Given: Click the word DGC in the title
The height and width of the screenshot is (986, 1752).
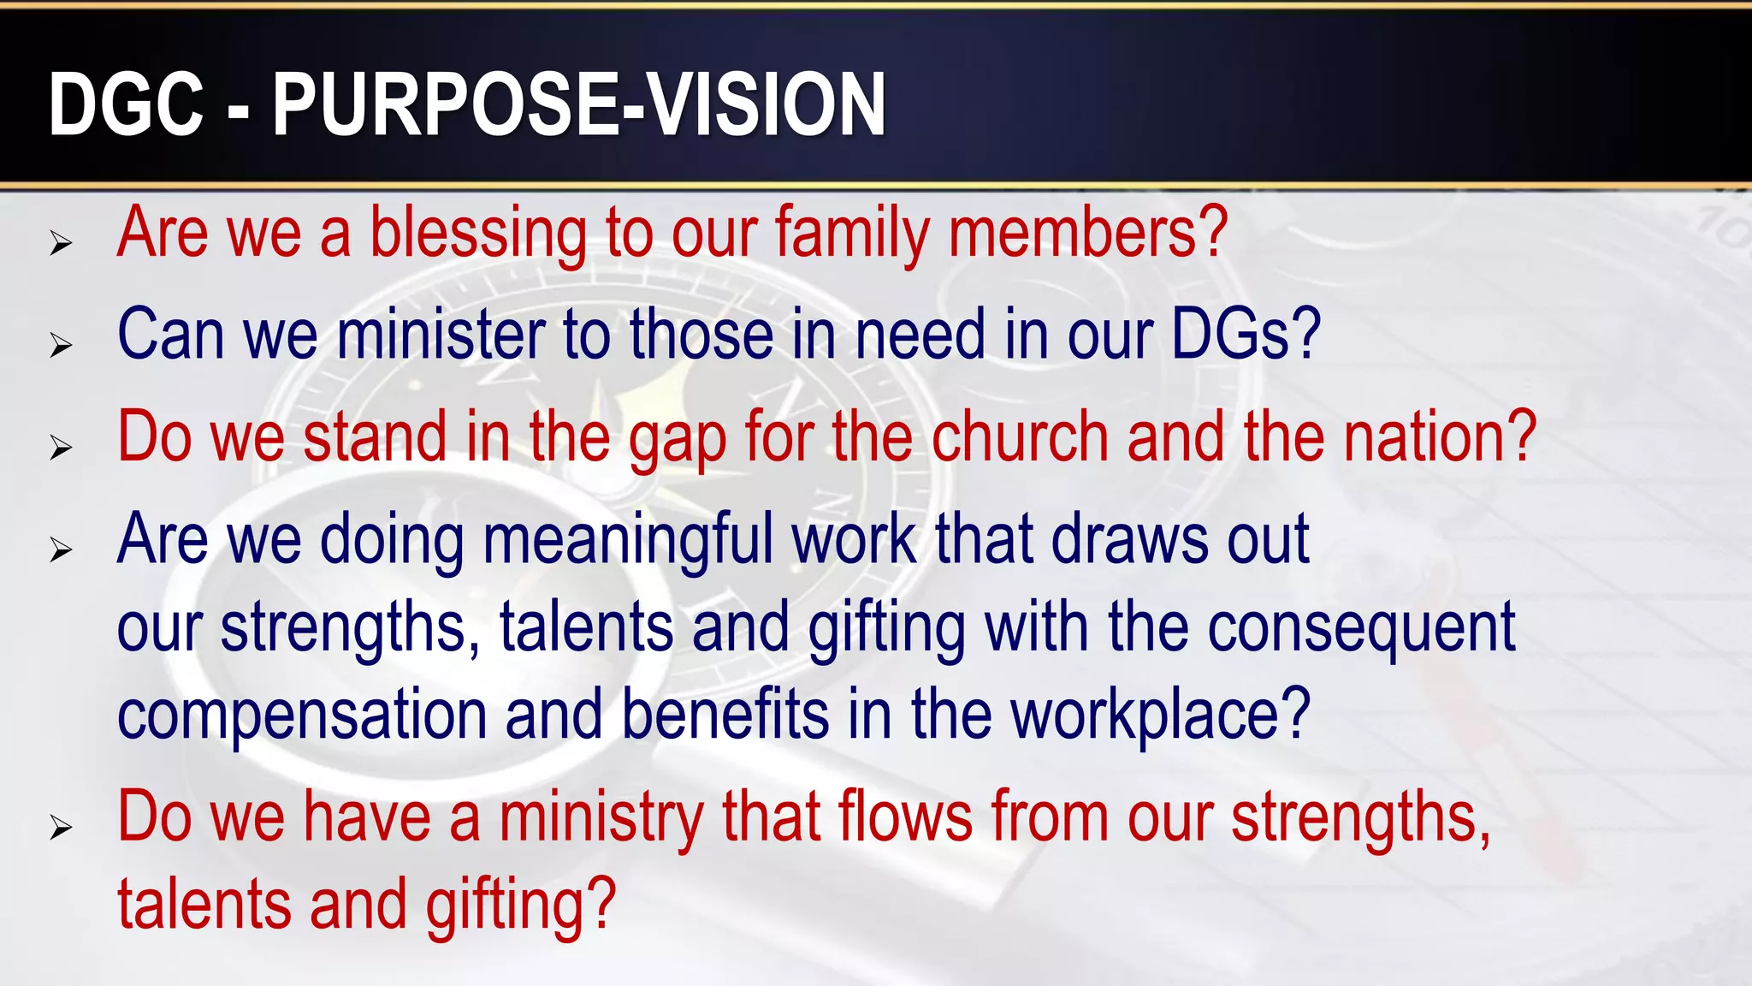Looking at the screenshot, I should click(x=127, y=104).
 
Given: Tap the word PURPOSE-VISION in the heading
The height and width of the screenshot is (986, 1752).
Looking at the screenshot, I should click(x=578, y=104).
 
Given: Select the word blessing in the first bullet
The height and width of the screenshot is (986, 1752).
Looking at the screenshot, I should click(x=478, y=234).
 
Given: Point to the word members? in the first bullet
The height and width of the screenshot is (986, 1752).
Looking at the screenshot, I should click(x=1088, y=234).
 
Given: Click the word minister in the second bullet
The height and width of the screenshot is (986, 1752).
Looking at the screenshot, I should click(x=441, y=335).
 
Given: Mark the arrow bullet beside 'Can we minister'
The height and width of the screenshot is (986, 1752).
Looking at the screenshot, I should click(x=61, y=346).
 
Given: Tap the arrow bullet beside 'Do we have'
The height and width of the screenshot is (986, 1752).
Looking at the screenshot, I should click(x=61, y=828).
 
